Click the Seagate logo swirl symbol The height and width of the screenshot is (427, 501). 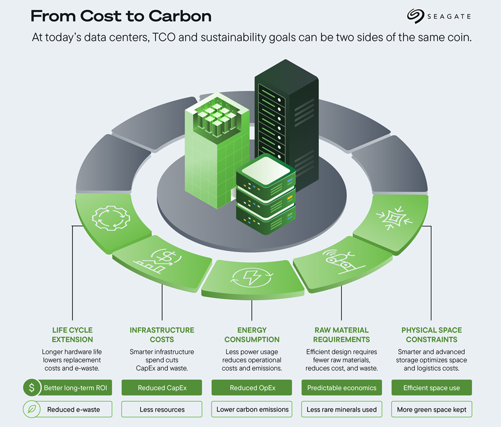pyautogui.click(x=415, y=16)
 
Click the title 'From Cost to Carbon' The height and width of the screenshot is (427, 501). pyautogui.click(x=121, y=16)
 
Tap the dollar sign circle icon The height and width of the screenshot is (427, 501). pyautogui.click(x=32, y=388)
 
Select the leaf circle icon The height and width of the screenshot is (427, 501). pyautogui.click(x=32, y=409)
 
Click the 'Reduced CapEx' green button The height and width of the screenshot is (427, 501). pyautogui.click(x=161, y=388)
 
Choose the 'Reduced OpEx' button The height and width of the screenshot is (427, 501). pyautogui.click(x=252, y=388)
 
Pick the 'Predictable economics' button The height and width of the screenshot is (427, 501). pyautogui.click(x=342, y=388)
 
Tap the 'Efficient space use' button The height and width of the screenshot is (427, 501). pyautogui.click(x=432, y=388)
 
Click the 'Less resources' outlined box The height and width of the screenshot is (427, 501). pyautogui.click(x=161, y=409)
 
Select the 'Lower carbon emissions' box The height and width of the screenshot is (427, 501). pyautogui.click(x=252, y=409)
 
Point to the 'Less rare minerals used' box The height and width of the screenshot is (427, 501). pyautogui.click(x=342, y=409)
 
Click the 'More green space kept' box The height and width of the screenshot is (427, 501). pyautogui.click(x=432, y=409)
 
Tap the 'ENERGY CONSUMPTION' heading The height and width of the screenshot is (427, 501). pyautogui.click(x=252, y=335)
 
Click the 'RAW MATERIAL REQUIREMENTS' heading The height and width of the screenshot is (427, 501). pyautogui.click(x=342, y=335)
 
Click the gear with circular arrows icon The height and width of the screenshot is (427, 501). pyautogui.click(x=111, y=218)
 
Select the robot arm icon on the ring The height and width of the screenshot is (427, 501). pyautogui.click(x=342, y=261)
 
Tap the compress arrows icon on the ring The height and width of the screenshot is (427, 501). pyautogui.click(x=394, y=218)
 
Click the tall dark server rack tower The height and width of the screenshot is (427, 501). pyautogui.click(x=287, y=125)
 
